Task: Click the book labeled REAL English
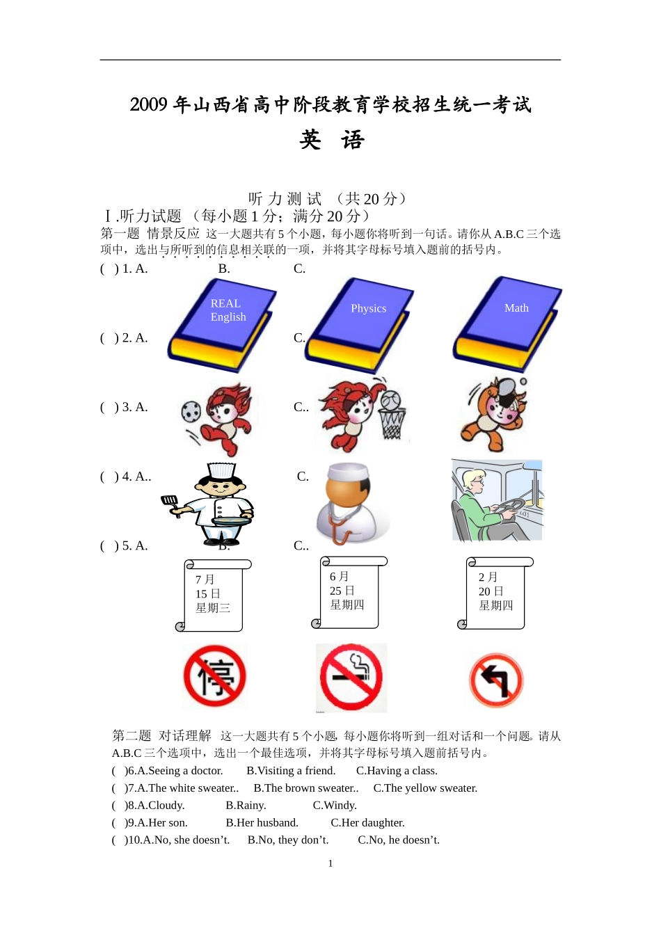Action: click(222, 325)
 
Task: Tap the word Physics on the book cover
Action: click(368, 308)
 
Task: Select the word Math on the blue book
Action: click(516, 308)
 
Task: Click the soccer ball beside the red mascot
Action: click(191, 411)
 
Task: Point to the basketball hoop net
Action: click(392, 423)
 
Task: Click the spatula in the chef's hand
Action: click(170, 504)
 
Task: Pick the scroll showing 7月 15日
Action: click(214, 596)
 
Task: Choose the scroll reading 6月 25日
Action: click(349, 592)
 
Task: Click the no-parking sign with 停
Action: click(214, 676)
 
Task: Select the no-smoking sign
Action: click(351, 677)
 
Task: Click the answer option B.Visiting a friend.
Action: click(291, 771)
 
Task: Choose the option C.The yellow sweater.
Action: click(425, 788)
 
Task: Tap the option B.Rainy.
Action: click(246, 806)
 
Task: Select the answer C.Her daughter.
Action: click(367, 823)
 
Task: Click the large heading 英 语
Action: click(332, 140)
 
